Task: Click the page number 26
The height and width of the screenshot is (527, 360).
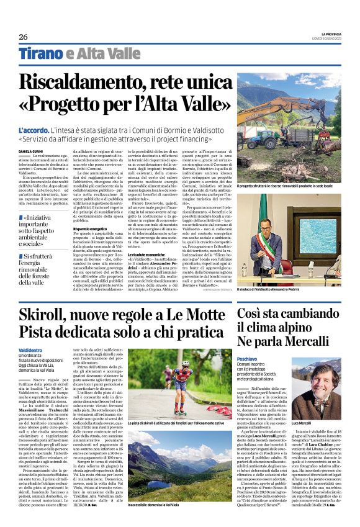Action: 23,37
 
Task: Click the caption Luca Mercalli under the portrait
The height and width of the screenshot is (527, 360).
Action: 320,421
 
